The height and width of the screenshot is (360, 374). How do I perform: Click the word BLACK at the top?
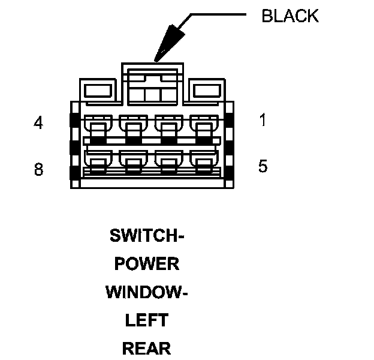click(290, 16)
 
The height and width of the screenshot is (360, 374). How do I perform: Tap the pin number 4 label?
click(38, 123)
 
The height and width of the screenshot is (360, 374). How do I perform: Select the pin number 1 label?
click(263, 120)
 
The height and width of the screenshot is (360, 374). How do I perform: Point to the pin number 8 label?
click(38, 170)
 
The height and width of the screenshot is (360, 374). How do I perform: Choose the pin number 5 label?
click(263, 166)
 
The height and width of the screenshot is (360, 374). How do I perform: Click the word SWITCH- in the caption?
click(147, 235)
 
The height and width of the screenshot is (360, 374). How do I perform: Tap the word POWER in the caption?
click(147, 263)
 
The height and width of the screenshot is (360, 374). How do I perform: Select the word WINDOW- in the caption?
click(147, 292)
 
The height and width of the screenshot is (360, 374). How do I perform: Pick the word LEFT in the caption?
click(147, 320)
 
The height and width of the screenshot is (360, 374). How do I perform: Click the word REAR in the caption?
click(147, 349)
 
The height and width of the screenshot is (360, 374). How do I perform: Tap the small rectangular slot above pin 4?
click(96, 91)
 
